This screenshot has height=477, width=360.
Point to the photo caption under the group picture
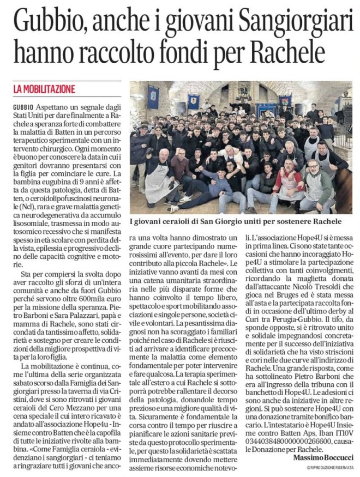coord(236,222)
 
